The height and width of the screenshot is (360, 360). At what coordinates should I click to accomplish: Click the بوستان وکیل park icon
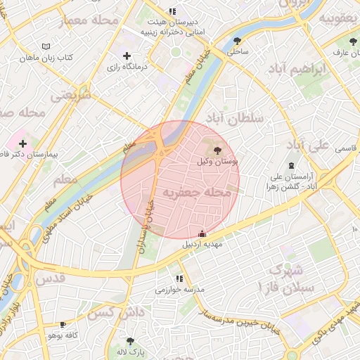click(216, 150)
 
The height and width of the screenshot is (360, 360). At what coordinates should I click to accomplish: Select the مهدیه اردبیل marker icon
click(202, 233)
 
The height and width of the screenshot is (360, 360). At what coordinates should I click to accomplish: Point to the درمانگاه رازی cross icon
click(127, 56)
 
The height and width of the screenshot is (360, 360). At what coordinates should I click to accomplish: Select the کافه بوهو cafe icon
click(63, 325)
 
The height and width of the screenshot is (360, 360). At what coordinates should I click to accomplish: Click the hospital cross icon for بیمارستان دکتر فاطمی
click(23, 143)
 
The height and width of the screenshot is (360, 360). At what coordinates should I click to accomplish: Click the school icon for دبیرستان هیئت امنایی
click(172, 11)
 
